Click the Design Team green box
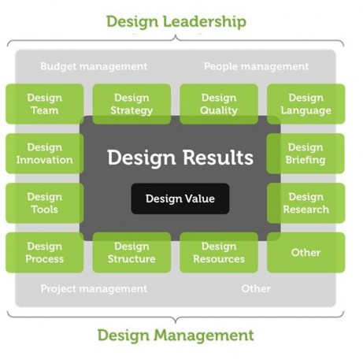[x=45, y=104]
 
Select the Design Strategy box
[x=131, y=104]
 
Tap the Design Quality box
[x=219, y=104]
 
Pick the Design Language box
[x=306, y=104]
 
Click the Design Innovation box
[x=45, y=154]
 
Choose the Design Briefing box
[x=306, y=154]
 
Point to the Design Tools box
[x=45, y=203]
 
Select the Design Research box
[x=306, y=203]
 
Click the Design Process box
[x=45, y=253]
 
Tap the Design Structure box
[x=131, y=253]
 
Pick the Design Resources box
[x=219, y=253]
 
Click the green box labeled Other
[x=306, y=253]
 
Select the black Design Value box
[x=180, y=199]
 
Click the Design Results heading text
[x=180, y=158]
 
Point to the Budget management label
[x=94, y=67]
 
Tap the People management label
[x=257, y=67]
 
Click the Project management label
[x=94, y=289]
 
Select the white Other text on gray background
[x=256, y=288]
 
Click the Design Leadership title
[x=176, y=21]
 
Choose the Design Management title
[x=176, y=336]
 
